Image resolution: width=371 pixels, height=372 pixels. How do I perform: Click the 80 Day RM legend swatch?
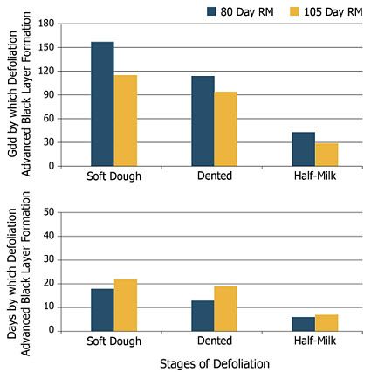(212, 10)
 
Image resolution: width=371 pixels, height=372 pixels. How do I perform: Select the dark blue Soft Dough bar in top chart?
(102, 104)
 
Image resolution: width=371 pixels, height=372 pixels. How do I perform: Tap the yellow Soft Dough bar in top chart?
(126, 121)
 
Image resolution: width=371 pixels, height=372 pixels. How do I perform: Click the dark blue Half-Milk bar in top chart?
(304, 148)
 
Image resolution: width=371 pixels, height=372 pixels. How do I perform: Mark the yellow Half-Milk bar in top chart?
(326, 155)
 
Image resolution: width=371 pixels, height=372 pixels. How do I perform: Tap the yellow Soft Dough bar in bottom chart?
(126, 306)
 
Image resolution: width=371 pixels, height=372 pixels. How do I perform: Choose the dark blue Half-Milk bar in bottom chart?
(304, 324)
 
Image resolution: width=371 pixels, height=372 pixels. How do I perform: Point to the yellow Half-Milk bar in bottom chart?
(326, 323)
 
